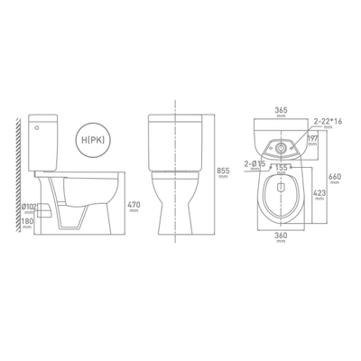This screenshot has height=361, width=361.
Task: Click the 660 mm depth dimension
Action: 333,178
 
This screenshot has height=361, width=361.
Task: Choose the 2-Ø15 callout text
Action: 253,162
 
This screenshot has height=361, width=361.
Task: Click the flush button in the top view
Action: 282,144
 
